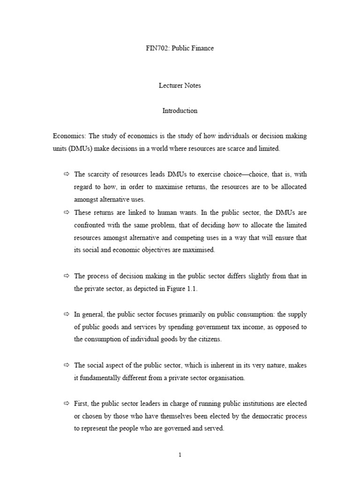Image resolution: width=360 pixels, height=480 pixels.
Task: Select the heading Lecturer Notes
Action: (x=180, y=86)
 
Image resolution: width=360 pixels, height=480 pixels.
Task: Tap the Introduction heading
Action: (x=180, y=111)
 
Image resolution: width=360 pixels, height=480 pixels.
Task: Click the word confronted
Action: (x=90, y=225)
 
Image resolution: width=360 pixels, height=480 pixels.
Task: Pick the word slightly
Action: (x=247, y=276)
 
